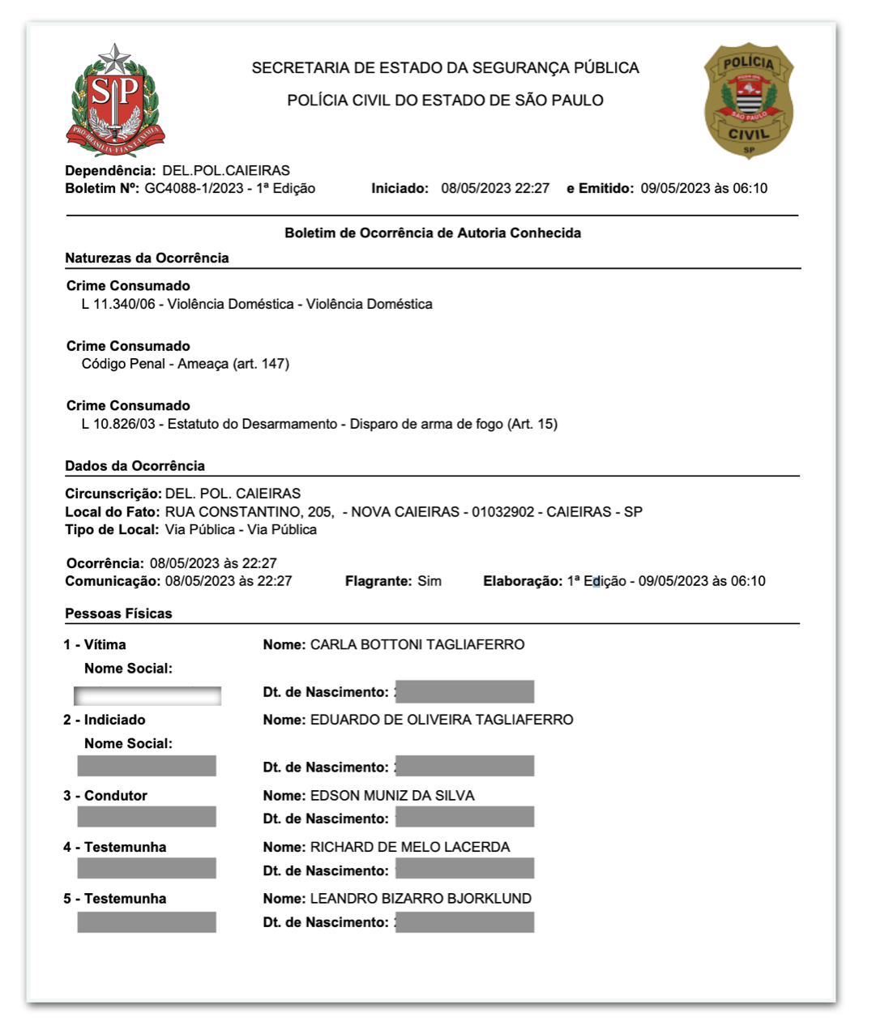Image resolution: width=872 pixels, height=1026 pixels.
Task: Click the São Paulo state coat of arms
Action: click(115, 100)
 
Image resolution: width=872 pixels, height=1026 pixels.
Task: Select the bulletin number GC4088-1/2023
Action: click(194, 189)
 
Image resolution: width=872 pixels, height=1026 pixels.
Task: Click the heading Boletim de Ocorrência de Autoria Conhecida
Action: click(432, 233)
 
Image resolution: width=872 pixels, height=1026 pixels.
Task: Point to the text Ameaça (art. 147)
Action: click(233, 364)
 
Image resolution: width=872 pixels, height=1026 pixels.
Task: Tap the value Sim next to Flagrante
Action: click(430, 581)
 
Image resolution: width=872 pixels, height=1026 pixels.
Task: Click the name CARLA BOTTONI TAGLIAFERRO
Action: click(417, 645)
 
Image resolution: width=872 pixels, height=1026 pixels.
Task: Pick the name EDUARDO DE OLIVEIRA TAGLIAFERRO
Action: click(442, 720)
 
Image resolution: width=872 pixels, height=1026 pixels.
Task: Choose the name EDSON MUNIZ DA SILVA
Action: click(392, 796)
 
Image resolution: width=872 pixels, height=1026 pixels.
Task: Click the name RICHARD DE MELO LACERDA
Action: click(410, 848)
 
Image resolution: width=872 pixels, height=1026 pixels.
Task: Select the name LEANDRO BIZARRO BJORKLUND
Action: click(421, 899)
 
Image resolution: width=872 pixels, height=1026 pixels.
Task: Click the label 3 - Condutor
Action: click(105, 796)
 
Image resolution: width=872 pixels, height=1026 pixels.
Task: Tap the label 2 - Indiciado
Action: click(105, 720)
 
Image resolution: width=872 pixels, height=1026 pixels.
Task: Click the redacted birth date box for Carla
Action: click(464, 692)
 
